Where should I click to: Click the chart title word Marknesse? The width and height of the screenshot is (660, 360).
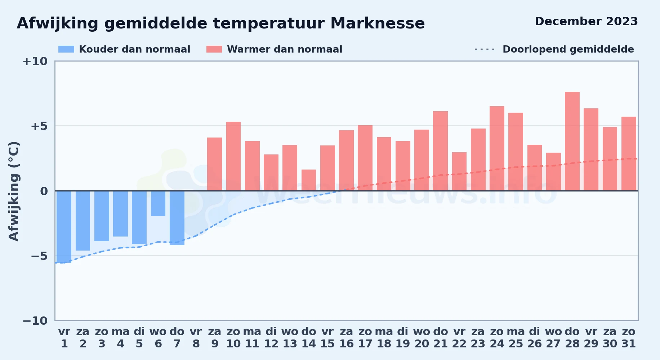pyautogui.click(x=377, y=23)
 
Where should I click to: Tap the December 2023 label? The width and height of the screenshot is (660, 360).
pyautogui.click(x=586, y=21)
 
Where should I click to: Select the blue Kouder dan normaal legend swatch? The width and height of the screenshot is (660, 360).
pyautogui.click(x=66, y=49)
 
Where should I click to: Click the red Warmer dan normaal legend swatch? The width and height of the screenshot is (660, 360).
pyautogui.click(x=214, y=49)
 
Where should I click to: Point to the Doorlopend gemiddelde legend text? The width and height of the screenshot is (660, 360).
pyautogui.click(x=568, y=49)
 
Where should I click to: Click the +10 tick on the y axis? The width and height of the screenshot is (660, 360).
pyautogui.click(x=35, y=62)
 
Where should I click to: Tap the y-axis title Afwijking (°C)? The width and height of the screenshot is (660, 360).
pyautogui.click(x=14, y=191)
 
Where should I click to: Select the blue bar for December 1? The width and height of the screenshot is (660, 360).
pyautogui.click(x=64, y=227)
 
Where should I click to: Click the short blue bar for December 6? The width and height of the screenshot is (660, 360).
pyautogui.click(x=158, y=203)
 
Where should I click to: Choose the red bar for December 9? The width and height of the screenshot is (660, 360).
pyautogui.click(x=215, y=164)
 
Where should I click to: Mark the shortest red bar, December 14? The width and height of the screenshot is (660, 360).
pyautogui.click(x=309, y=180)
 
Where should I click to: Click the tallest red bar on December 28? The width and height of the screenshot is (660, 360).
pyautogui.click(x=572, y=141)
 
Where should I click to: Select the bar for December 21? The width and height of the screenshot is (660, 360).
pyautogui.click(x=440, y=151)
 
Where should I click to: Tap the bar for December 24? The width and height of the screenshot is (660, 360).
pyautogui.click(x=497, y=148)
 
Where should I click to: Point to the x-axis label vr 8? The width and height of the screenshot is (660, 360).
pyautogui.click(x=196, y=338)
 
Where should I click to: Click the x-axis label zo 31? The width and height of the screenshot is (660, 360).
pyautogui.click(x=629, y=338)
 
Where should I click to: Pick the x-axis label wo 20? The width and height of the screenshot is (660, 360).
pyautogui.click(x=422, y=338)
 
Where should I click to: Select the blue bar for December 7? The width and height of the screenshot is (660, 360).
pyautogui.click(x=177, y=218)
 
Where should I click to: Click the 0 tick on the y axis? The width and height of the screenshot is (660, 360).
pyautogui.click(x=44, y=191)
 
